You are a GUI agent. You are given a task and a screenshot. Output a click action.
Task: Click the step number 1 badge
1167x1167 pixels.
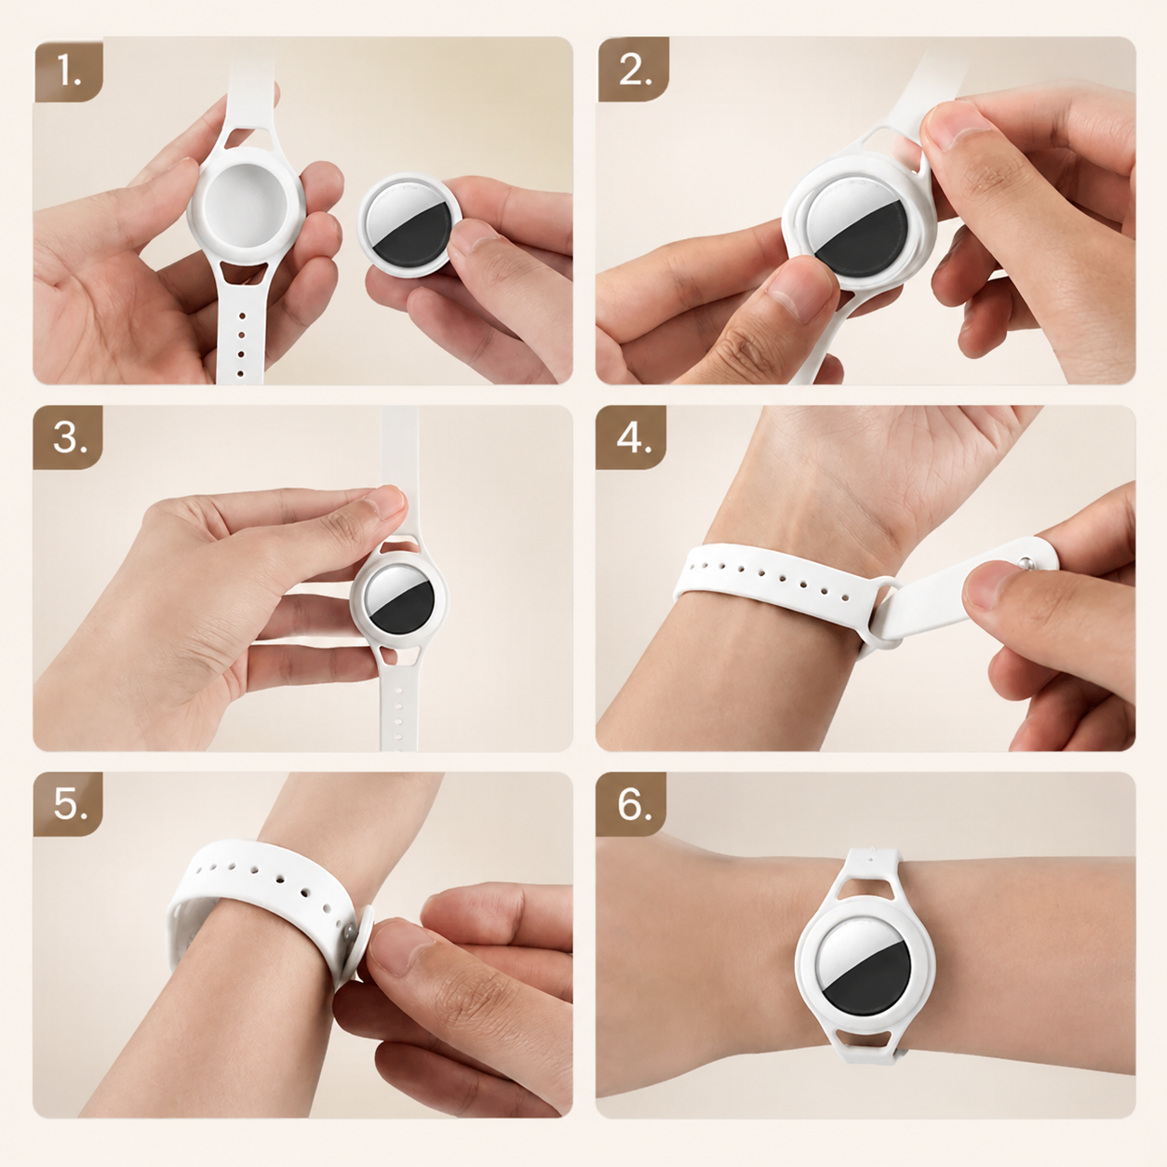(69, 70)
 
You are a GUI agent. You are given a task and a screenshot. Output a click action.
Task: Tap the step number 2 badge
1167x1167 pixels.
(634, 70)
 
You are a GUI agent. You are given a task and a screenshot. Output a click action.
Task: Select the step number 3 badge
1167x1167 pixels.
(68, 437)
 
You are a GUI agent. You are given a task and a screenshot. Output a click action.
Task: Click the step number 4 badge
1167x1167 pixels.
(631, 437)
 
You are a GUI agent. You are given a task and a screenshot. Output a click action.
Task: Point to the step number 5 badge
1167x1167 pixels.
(68, 804)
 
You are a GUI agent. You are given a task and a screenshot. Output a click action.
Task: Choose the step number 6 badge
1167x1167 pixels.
(631, 804)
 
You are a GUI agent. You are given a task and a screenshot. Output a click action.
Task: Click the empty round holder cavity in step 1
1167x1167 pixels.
(246, 206)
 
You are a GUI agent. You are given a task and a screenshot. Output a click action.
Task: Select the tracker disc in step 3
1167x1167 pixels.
(399, 599)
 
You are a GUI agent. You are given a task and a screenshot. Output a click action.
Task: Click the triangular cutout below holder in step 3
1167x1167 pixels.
(398, 655)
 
